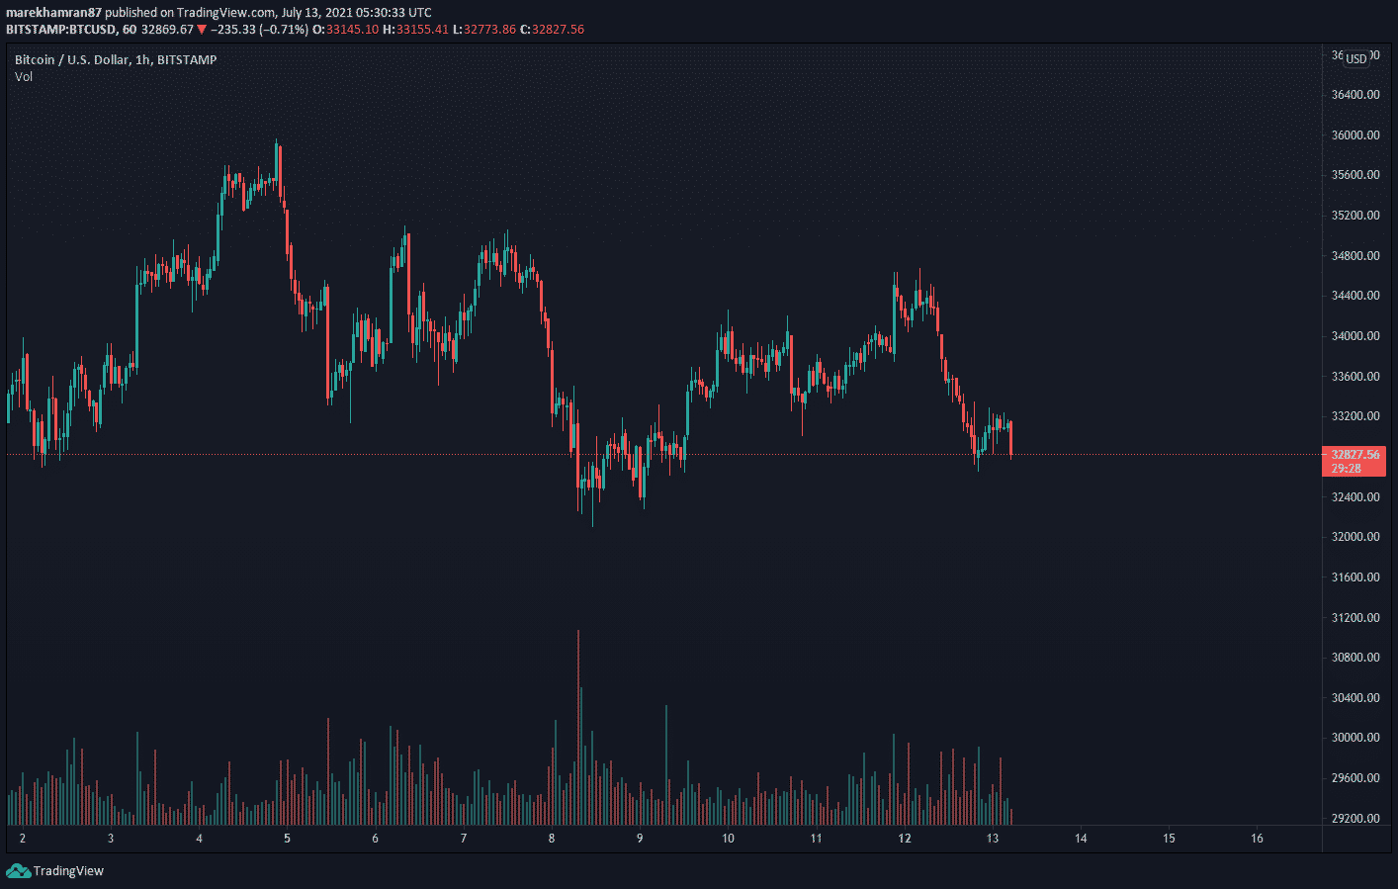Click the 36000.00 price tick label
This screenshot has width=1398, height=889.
pyautogui.click(x=1354, y=135)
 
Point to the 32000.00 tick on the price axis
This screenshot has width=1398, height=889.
pyautogui.click(x=1354, y=537)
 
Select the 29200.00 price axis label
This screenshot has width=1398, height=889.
pyautogui.click(x=1354, y=819)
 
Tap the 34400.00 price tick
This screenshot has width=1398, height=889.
pyautogui.click(x=1354, y=296)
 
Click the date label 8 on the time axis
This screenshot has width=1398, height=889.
pyautogui.click(x=552, y=839)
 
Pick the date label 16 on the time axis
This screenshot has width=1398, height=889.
pyautogui.click(x=1257, y=839)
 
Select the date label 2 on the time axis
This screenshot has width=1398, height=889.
pyautogui.click(x=23, y=839)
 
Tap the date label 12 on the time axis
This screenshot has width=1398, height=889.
pyautogui.click(x=904, y=839)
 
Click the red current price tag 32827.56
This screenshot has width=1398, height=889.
pyautogui.click(x=1354, y=455)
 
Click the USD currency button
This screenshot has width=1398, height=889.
pyautogui.click(x=1356, y=58)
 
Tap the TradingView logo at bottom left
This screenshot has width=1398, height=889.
pyautogui.click(x=55, y=871)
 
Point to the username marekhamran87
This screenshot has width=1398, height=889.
pyautogui.click(x=53, y=13)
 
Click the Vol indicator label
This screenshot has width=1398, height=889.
pyautogui.click(x=24, y=77)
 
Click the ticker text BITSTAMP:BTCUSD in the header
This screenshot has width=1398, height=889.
pyautogui.click(x=60, y=30)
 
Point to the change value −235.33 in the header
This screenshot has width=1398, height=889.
pyautogui.click(x=232, y=30)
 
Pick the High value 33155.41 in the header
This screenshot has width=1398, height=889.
pyautogui.click(x=422, y=30)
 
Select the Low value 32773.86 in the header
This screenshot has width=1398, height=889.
pyautogui.click(x=490, y=30)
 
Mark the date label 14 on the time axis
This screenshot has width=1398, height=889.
pyautogui.click(x=1081, y=839)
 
